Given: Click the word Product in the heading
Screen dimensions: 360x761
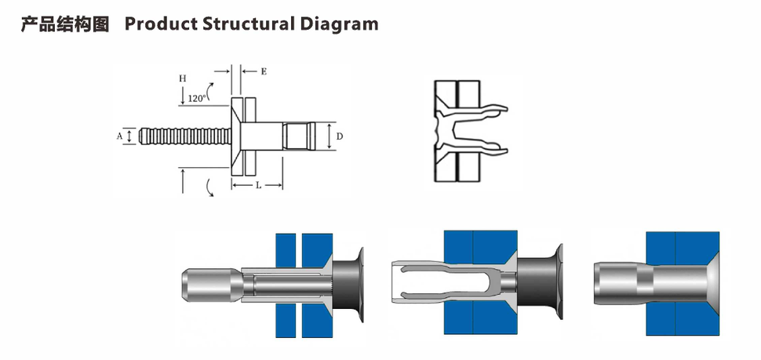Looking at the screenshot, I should pyautogui.click(x=160, y=24).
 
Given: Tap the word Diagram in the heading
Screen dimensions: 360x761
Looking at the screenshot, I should pyautogui.click(x=339, y=24).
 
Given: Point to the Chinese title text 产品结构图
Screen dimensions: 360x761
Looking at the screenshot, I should pyautogui.click(x=64, y=24).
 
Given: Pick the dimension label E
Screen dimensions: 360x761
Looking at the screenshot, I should pyautogui.click(x=264, y=71).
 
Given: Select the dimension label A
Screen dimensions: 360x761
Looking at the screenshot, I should pyautogui.click(x=120, y=136).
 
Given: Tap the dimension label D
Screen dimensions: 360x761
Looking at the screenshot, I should pyautogui.click(x=339, y=136).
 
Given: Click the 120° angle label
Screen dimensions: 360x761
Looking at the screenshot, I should pyautogui.click(x=197, y=98).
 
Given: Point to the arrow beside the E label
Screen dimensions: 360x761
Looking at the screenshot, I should pyautogui.click(x=249, y=71).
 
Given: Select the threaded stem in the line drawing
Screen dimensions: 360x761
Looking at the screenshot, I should pyautogui.click(x=184, y=136).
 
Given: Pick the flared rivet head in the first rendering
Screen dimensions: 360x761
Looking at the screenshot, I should pyautogui.click(x=351, y=284).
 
